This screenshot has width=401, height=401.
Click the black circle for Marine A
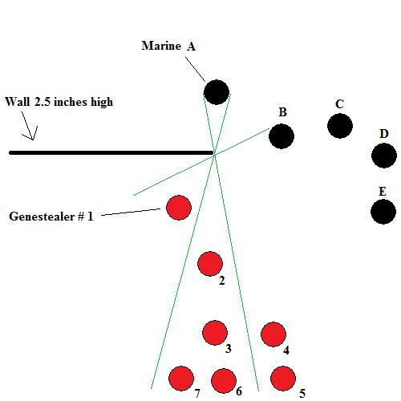coord(217,92)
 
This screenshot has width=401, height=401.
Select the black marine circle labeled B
coord(282,136)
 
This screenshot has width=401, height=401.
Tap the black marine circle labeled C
coord(340,126)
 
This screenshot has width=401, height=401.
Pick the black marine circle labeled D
coord(384,156)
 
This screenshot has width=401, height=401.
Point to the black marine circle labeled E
coord(383,212)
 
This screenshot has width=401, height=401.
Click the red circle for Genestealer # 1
coord(179,208)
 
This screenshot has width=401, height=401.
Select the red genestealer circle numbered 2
coord(210,264)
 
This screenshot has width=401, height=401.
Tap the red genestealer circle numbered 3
coord(215,333)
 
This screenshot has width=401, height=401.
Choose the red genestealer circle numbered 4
coord(273,334)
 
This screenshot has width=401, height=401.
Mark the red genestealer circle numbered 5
coord(283,379)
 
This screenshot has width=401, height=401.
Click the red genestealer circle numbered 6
coord(224,381)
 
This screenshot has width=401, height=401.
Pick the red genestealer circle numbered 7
coord(181,379)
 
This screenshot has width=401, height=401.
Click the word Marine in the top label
coord(161,46)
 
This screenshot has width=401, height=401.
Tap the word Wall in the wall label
coord(17,102)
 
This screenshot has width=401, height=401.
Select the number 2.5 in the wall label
coord(43,102)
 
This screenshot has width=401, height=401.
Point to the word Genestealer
coord(42,216)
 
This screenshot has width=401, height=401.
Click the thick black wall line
coord(111,152)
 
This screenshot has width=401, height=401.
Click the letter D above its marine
coord(383,134)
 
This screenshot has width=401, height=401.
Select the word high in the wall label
coord(102,103)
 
